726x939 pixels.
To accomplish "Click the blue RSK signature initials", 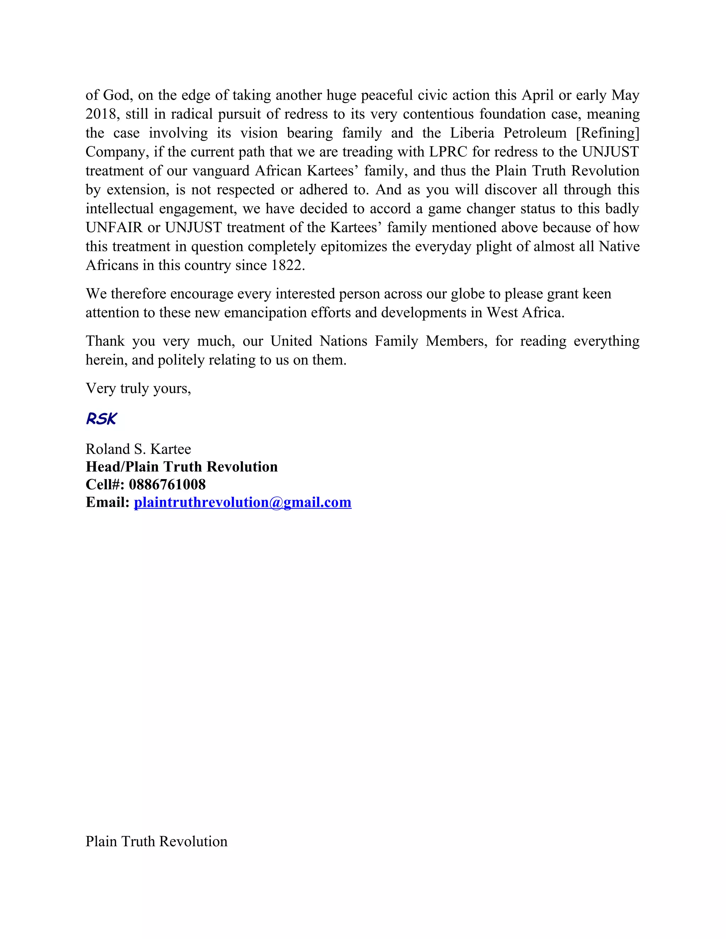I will click(101, 418).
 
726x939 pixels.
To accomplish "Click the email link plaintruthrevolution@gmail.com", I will click(242, 502).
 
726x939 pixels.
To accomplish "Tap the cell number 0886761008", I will click(167, 484).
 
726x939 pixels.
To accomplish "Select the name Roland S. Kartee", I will click(138, 449).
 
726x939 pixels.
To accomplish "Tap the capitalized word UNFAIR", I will click(114, 227).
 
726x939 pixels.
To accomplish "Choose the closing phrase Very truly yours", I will click(138, 388).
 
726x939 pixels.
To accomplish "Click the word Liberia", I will click(472, 133).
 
